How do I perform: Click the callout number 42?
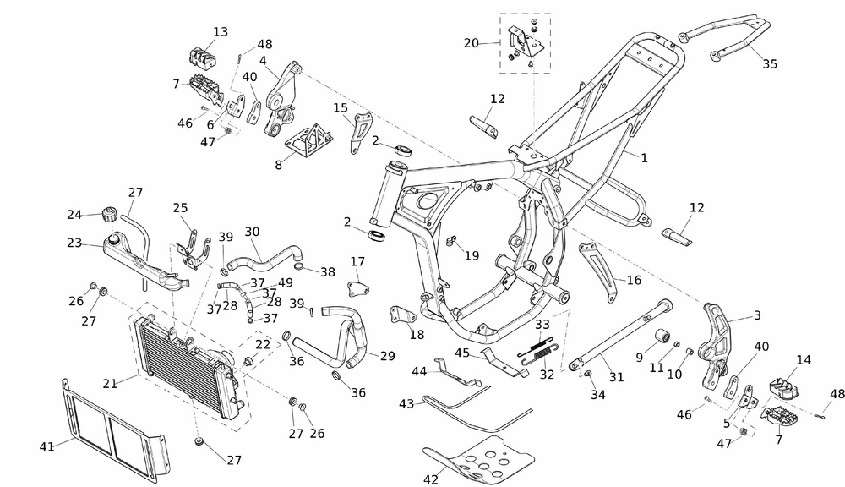click(x=431, y=479)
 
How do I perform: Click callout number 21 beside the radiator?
click(x=110, y=383)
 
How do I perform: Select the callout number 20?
click(x=472, y=42)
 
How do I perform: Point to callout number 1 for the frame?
click(x=644, y=157)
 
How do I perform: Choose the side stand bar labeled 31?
click(x=621, y=334)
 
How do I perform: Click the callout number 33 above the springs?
click(x=542, y=324)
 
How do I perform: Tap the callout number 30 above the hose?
click(x=252, y=232)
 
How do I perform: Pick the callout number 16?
click(x=635, y=280)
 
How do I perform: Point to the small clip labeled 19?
click(x=450, y=243)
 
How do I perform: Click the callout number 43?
click(x=407, y=404)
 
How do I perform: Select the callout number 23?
click(x=74, y=243)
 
